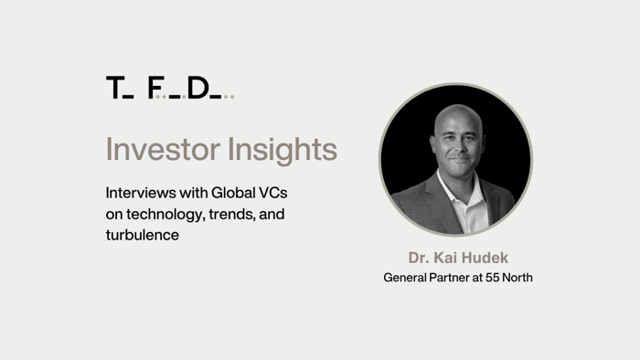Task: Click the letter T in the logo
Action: [113, 88]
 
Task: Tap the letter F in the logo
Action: [155, 88]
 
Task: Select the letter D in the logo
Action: [197, 88]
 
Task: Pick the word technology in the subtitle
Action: [165, 214]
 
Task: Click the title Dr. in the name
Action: [419, 258]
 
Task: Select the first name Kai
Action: [447, 258]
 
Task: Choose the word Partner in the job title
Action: [446, 277]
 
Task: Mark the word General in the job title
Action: [404, 277]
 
